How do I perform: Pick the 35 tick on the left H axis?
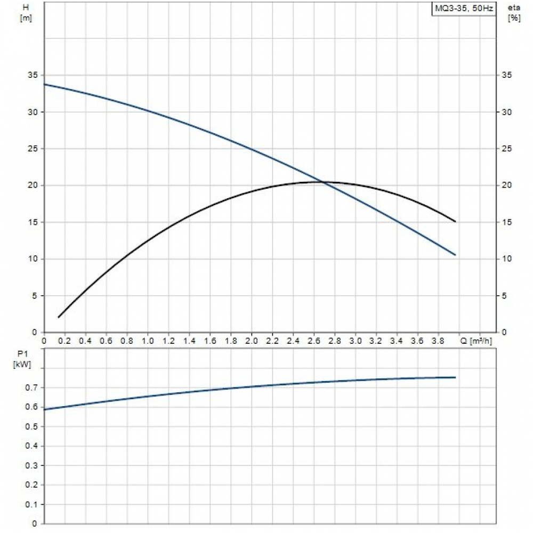coord(33,75)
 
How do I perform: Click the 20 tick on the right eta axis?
coord(508,185)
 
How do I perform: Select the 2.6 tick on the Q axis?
coord(314,341)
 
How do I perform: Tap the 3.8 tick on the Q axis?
coord(439,341)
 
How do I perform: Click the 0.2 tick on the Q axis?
coord(65,341)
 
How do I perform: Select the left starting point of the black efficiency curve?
coord(59,317)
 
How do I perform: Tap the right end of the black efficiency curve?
coord(456,221)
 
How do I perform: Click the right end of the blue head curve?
coord(456,255)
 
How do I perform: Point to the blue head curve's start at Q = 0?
coord(44,84)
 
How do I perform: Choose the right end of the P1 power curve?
coord(456,377)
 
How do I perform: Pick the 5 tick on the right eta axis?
coord(508,295)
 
